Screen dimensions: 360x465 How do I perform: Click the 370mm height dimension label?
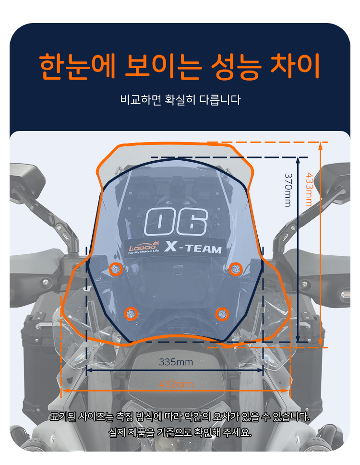288,190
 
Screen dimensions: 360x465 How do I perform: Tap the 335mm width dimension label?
176,362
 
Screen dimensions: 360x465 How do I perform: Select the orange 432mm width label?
176,384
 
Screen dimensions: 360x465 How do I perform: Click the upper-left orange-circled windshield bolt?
116,269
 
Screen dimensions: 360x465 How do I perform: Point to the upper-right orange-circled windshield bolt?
236,269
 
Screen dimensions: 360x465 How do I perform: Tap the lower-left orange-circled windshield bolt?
131,314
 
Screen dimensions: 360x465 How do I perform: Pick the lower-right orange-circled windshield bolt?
222,314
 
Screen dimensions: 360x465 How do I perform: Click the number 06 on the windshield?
176,222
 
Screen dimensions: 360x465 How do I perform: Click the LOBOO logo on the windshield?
143,248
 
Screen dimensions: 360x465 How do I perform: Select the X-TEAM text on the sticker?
193,247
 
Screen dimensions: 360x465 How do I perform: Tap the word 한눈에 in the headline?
77,66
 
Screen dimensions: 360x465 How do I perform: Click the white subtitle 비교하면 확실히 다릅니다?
180,100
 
